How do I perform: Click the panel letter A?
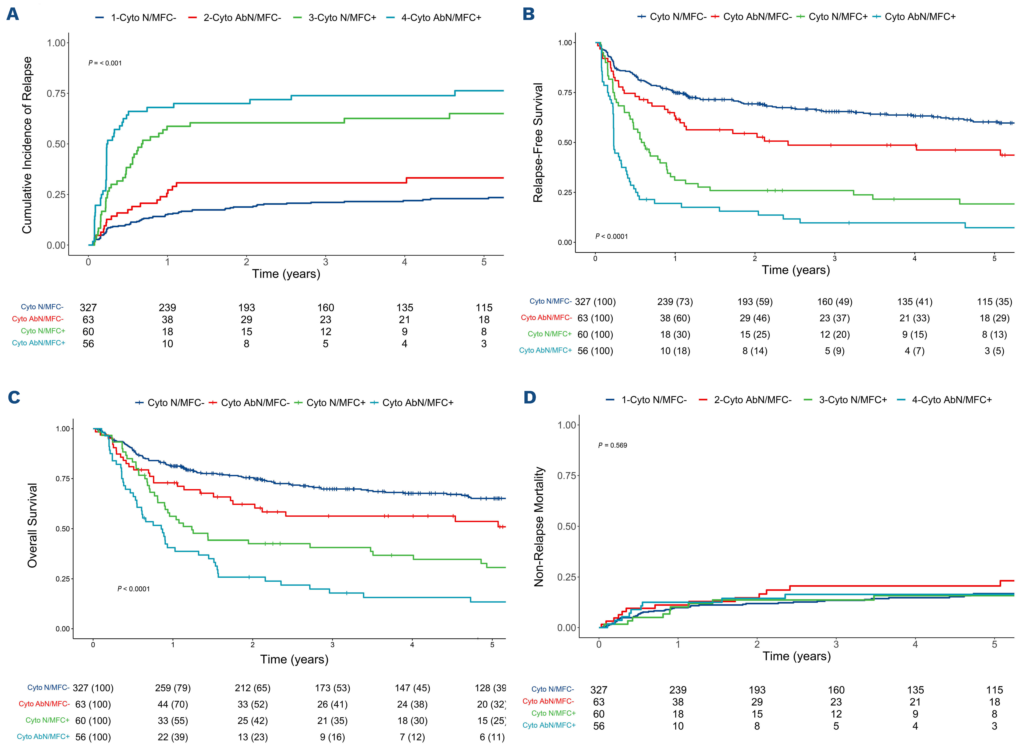click(x=13, y=15)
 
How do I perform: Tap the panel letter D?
click(x=530, y=397)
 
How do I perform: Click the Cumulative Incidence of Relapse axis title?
click(x=27, y=145)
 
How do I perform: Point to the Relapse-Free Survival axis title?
click(x=538, y=142)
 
